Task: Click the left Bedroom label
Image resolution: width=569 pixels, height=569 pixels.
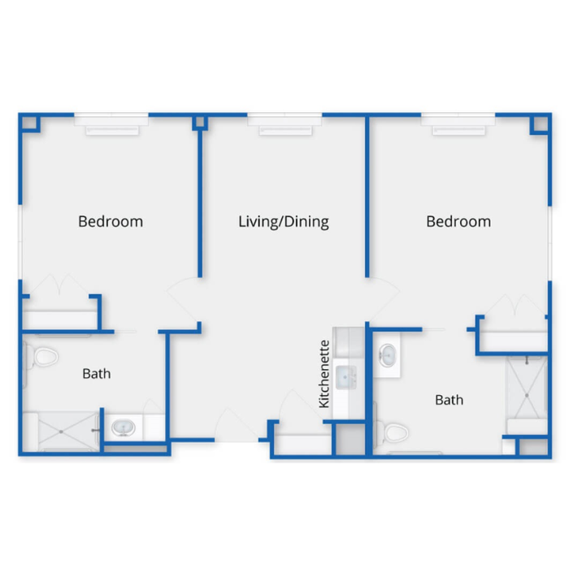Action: pos(111,221)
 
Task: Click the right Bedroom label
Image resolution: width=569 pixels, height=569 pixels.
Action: pos(458,221)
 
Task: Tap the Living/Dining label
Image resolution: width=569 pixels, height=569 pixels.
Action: pos(284,222)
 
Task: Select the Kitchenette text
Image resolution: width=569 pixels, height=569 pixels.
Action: pos(324,374)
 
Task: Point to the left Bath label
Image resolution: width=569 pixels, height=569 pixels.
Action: pos(97,374)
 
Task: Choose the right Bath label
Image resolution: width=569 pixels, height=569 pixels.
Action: pos(450,400)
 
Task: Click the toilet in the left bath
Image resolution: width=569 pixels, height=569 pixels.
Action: pos(41,357)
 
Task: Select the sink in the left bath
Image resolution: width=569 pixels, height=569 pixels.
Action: pos(124,428)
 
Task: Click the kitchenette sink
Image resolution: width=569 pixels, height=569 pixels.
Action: pos(346,376)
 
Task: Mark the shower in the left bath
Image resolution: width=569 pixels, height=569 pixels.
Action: pos(62,432)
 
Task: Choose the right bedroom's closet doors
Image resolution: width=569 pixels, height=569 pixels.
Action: pos(515,305)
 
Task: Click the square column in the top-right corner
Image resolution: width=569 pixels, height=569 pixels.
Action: pos(541,124)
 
